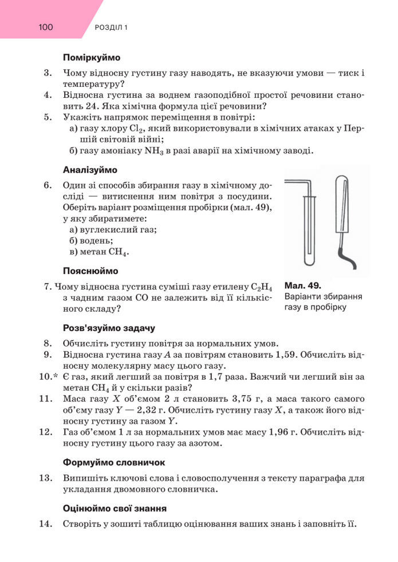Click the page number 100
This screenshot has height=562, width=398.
[46, 26]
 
